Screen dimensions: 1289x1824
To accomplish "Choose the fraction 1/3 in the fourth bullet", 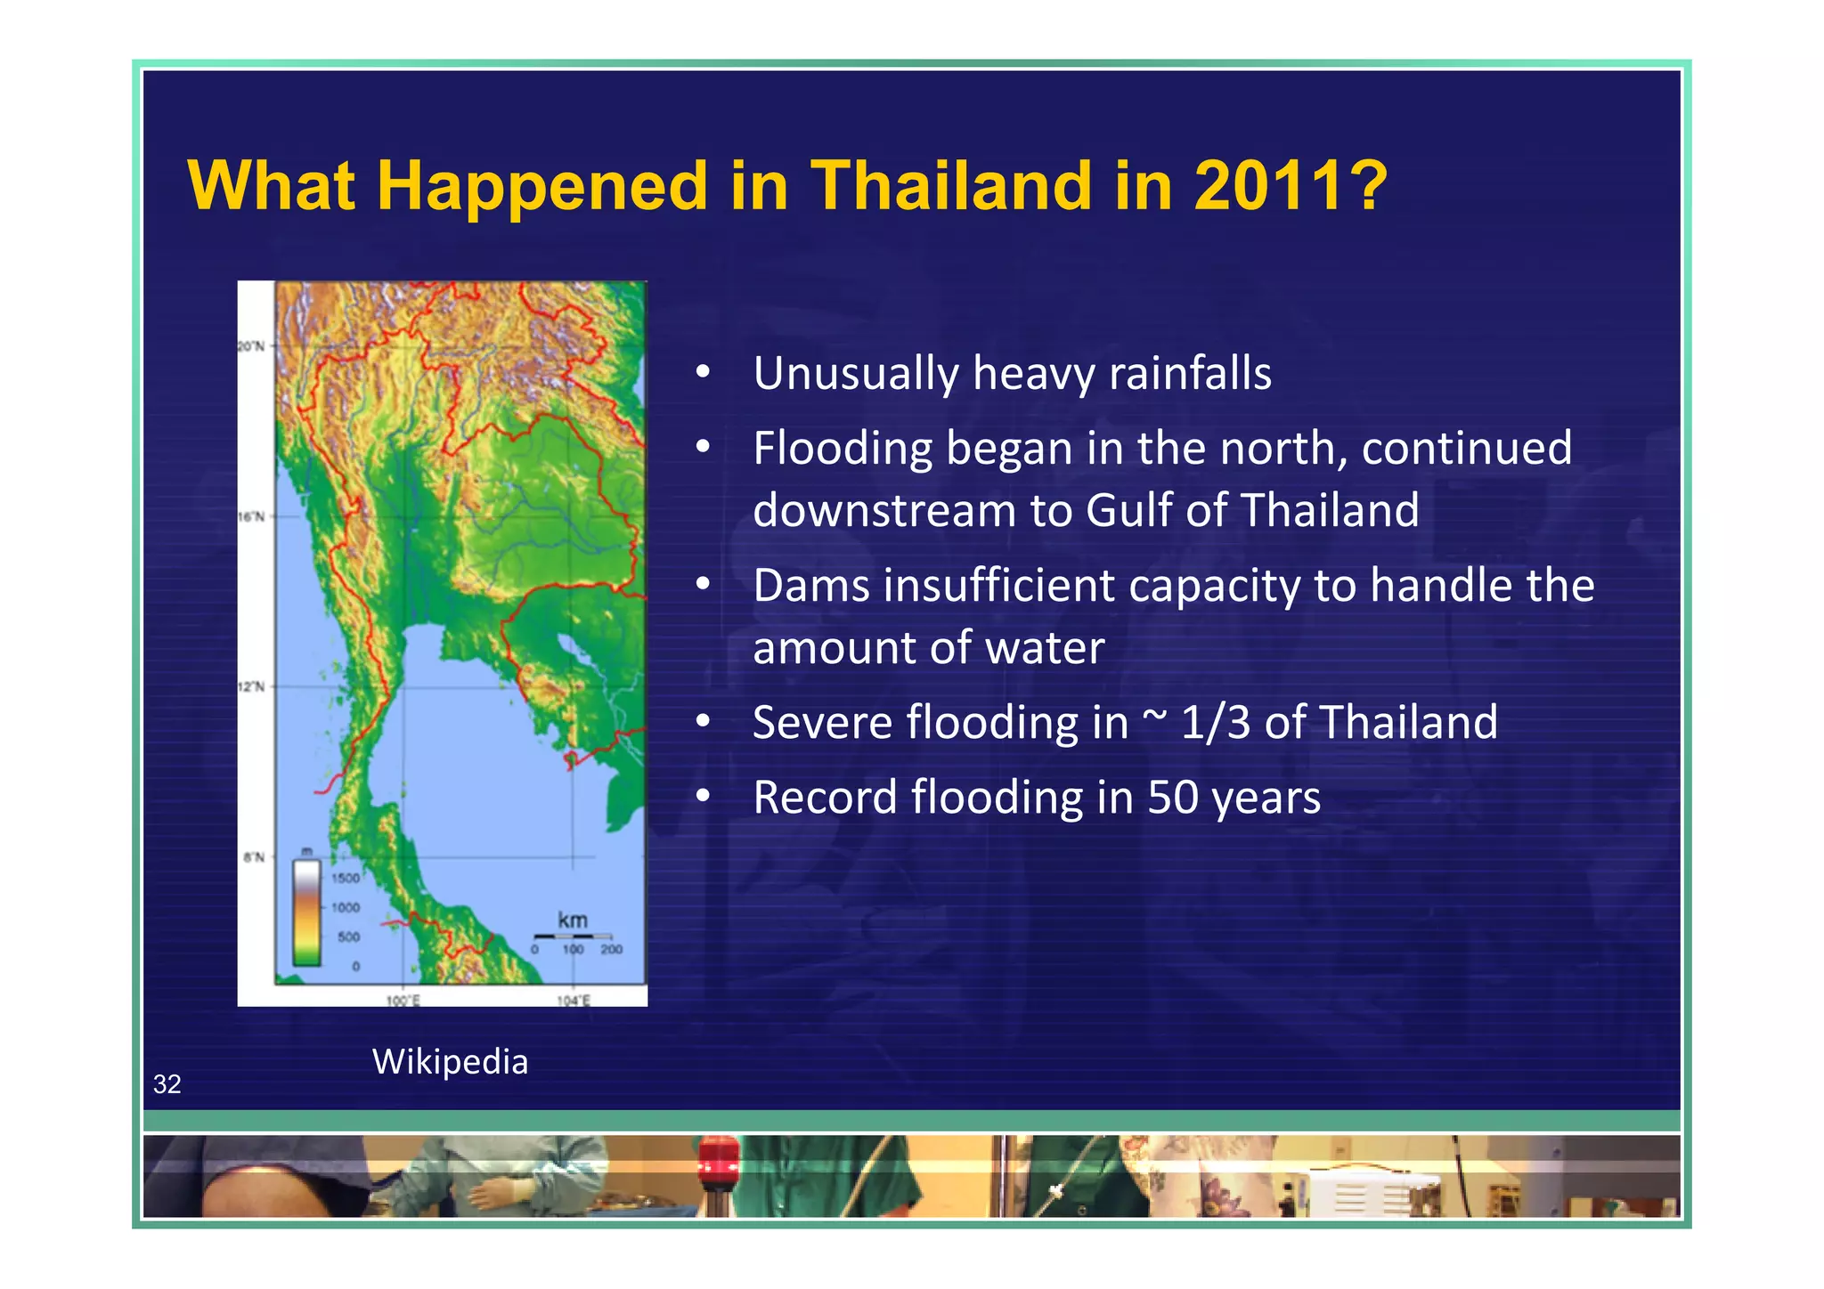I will pyautogui.click(x=1216, y=722).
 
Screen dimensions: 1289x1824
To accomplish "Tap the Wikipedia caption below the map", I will pyautogui.click(x=450, y=1061).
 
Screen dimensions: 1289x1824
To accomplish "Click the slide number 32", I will pyautogui.click(x=167, y=1083).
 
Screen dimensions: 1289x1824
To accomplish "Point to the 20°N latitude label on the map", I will pyautogui.click(x=251, y=346).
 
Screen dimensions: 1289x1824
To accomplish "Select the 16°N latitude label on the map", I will pyautogui.click(x=251, y=516).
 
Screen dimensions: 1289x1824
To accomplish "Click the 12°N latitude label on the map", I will pyautogui.click(x=251, y=686).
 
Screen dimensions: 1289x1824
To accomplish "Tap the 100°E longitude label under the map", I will pyautogui.click(x=403, y=1001).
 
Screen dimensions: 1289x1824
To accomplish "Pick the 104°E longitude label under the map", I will pyautogui.click(x=574, y=1001).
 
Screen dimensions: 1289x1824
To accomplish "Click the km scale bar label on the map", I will pyautogui.click(x=573, y=920).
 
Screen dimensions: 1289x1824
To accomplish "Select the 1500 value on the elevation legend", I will pyautogui.click(x=346, y=879).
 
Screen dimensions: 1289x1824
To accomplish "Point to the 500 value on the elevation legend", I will pyautogui.click(x=348, y=937).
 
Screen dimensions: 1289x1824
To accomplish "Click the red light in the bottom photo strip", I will pyautogui.click(x=718, y=1158).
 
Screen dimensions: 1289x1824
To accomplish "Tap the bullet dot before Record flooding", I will pyautogui.click(x=703, y=797).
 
